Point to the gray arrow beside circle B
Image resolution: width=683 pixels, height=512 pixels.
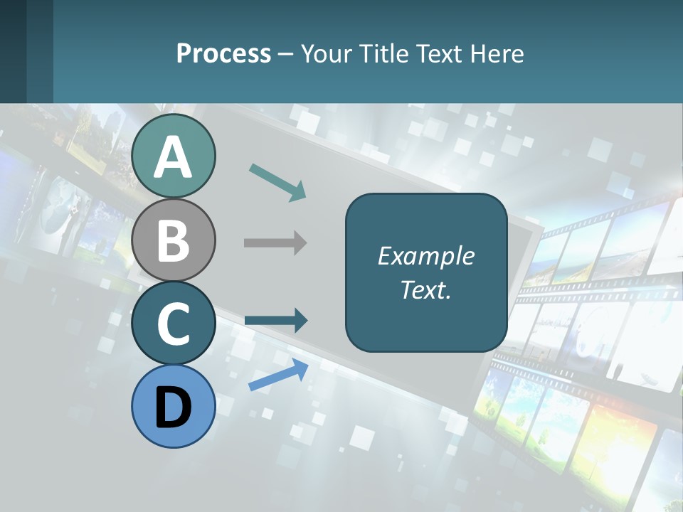coord(275,243)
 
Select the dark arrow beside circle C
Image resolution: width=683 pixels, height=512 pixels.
coord(276,321)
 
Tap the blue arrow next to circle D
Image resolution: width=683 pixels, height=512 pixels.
coord(278,374)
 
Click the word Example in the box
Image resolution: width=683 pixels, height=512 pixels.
coord(425,256)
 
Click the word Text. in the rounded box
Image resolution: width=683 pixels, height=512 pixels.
coord(425,289)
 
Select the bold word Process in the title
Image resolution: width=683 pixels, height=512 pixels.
coord(223,53)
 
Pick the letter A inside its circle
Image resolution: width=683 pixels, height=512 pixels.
coord(174,158)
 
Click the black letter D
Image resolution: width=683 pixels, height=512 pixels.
coord(174,407)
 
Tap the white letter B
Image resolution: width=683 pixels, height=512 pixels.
coord(174,240)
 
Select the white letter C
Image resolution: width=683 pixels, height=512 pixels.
coord(174,324)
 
